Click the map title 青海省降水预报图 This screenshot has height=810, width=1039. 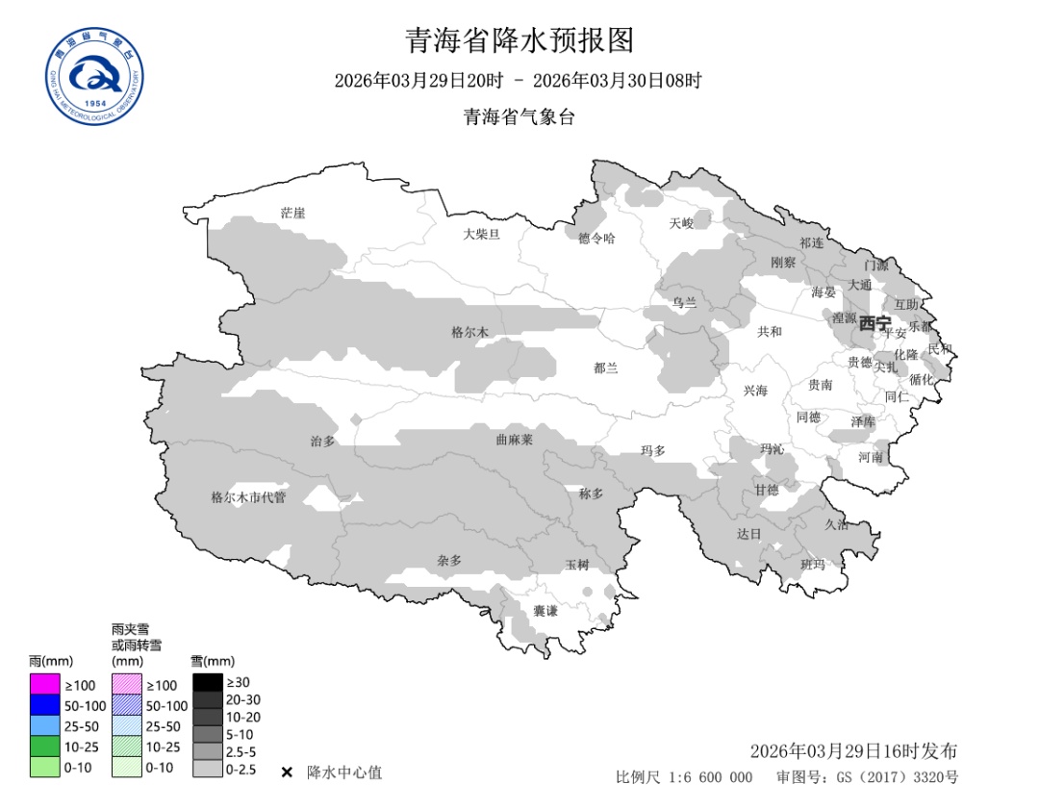[519, 40]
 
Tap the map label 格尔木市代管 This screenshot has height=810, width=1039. [248, 497]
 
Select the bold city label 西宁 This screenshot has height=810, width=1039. [874, 322]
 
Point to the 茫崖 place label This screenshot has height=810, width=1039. [292, 213]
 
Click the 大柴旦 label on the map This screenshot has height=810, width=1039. [481, 234]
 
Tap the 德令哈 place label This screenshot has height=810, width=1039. [596, 238]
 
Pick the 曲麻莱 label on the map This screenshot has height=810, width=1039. [514, 439]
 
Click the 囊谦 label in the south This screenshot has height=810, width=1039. [545, 611]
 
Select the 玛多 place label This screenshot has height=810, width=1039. [654, 450]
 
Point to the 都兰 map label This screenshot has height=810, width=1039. [606, 367]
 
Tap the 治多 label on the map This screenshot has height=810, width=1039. [323, 441]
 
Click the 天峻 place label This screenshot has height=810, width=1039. [681, 223]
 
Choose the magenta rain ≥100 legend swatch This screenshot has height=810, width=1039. [44, 685]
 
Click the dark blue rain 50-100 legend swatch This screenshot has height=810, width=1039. [44, 705]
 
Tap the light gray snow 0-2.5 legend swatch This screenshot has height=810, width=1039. [207, 769]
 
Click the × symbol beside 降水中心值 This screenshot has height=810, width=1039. [287, 772]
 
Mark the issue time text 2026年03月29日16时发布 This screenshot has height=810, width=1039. [853, 750]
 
